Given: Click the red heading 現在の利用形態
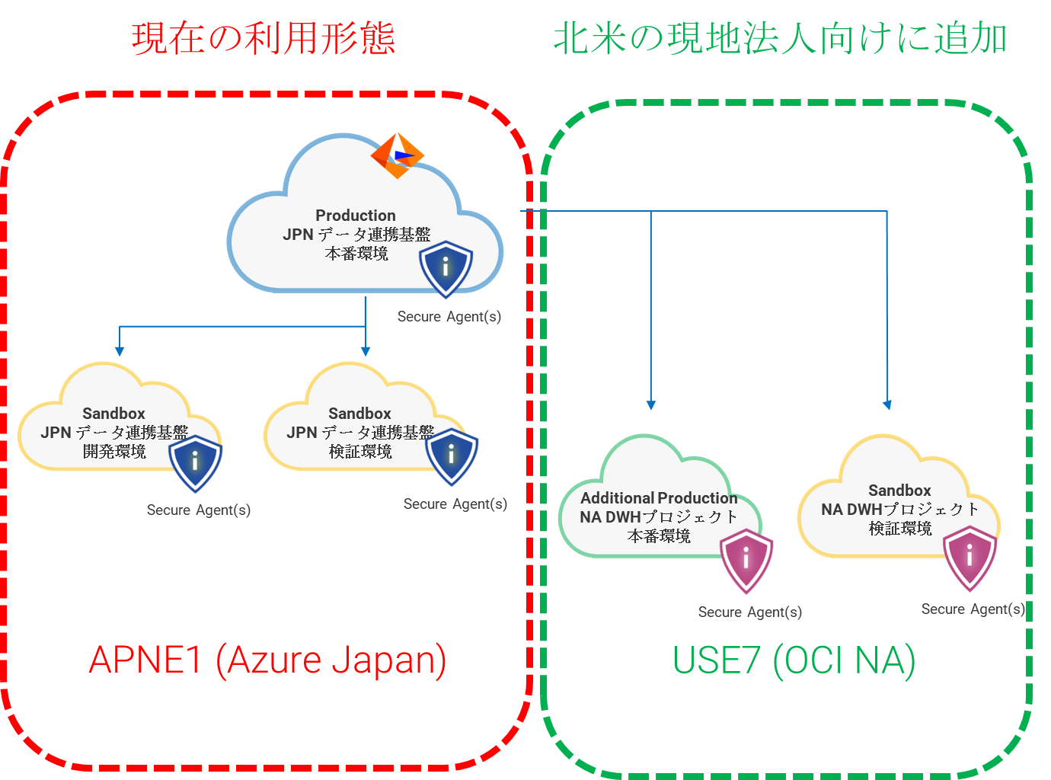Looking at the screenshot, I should pyautogui.click(x=264, y=38).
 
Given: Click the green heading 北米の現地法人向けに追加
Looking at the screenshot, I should pyautogui.click(x=780, y=38).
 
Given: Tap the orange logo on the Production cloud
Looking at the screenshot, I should pyautogui.click(x=397, y=155).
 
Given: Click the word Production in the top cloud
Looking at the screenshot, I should pyautogui.click(x=356, y=216).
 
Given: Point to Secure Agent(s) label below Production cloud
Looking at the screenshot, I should pyautogui.click(x=449, y=317).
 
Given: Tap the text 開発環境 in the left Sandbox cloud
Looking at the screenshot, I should pyautogui.click(x=114, y=452).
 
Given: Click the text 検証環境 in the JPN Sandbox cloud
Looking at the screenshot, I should pyautogui.click(x=360, y=452).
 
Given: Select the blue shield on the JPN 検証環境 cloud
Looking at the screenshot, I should pyautogui.click(x=452, y=456).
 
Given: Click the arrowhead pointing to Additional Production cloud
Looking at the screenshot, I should pyautogui.click(x=651, y=405).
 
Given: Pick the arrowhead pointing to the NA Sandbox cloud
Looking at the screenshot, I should pyautogui.click(x=887, y=405).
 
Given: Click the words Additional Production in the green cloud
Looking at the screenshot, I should pyautogui.click(x=659, y=498).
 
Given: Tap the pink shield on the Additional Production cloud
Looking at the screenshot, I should pyautogui.click(x=746, y=561).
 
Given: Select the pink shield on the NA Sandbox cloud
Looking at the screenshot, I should pyautogui.click(x=970, y=558).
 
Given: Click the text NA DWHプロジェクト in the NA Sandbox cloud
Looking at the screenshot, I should pyautogui.click(x=900, y=510).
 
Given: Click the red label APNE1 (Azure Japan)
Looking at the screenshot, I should pyautogui.click(x=267, y=660).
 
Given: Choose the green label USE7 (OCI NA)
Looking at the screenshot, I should pyautogui.click(x=794, y=660).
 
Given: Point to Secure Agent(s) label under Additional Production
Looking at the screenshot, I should pyautogui.click(x=749, y=612).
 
